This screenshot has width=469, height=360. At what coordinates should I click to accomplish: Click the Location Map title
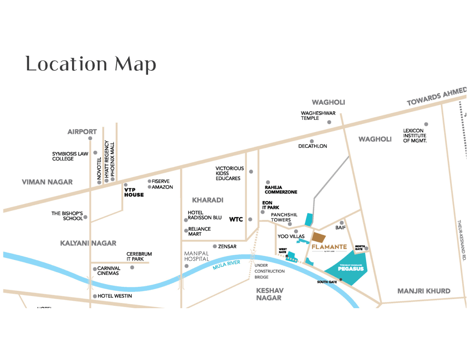point(91,64)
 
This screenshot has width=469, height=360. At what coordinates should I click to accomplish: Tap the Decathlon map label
point(313,146)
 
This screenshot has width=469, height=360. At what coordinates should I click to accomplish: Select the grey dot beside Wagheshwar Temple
point(329,122)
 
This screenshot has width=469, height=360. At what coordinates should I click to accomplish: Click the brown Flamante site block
point(319,237)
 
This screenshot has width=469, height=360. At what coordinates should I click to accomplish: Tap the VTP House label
point(134,192)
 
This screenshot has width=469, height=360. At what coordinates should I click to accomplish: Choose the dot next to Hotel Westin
point(95,296)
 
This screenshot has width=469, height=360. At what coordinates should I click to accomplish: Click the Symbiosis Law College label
point(70,156)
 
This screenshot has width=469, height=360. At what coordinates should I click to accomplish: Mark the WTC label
point(236,219)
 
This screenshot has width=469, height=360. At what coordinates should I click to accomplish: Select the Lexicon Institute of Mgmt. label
point(415,135)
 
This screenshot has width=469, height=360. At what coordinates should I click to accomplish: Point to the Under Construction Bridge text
point(270,271)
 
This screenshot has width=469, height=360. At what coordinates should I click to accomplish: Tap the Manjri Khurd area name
point(423,291)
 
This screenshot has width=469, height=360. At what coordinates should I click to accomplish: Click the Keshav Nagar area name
point(270,294)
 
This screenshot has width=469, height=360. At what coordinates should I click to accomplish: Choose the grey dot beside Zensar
point(215,246)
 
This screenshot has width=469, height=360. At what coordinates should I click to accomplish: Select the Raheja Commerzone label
point(281,189)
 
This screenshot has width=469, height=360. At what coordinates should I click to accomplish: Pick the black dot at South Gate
point(341,280)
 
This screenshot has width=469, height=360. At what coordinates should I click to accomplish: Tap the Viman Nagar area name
point(47,182)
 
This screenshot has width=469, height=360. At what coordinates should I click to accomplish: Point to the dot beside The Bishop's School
point(85,217)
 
